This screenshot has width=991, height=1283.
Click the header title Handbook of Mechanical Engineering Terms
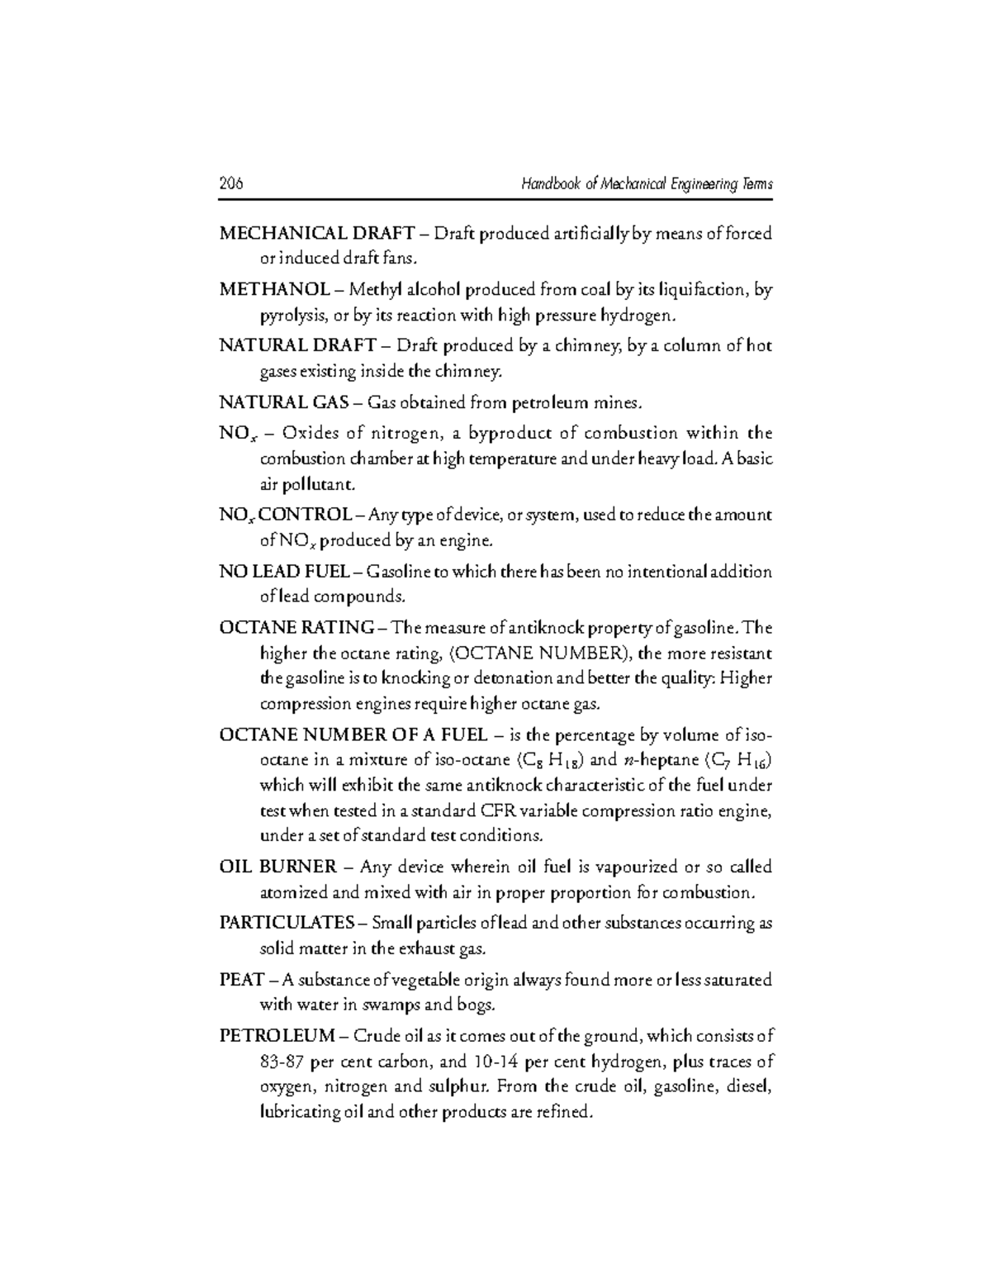(x=647, y=184)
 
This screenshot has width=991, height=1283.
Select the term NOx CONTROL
(x=285, y=516)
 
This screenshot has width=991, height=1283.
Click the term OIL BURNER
(x=277, y=867)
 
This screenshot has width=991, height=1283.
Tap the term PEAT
(x=241, y=980)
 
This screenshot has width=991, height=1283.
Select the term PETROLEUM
(x=277, y=1036)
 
